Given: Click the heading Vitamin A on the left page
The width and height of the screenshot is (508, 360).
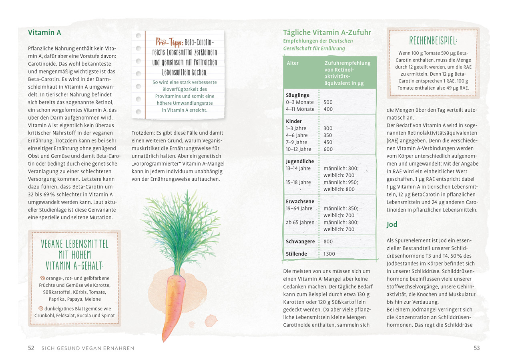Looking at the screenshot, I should click(x=44, y=32).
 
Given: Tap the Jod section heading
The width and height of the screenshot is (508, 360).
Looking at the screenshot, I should click(x=392, y=224).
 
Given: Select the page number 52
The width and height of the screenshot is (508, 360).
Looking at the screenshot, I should click(x=31, y=348).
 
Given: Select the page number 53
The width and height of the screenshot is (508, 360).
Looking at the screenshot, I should click(x=476, y=348).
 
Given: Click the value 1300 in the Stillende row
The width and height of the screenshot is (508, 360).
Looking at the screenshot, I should click(x=329, y=254).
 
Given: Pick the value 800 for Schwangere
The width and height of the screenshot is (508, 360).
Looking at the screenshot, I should click(x=328, y=242).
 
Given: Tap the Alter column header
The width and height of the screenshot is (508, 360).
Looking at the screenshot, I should click(x=293, y=63).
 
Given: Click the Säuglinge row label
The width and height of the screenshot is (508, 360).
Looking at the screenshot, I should click(x=298, y=95).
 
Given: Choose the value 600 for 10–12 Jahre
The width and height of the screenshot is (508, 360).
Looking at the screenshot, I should click(x=328, y=149).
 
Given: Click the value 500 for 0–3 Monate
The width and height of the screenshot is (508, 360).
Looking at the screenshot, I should click(x=328, y=102).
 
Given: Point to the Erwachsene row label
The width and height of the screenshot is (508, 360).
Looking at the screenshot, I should click(x=300, y=202).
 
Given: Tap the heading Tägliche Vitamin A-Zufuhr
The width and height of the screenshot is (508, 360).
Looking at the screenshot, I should click(x=327, y=32).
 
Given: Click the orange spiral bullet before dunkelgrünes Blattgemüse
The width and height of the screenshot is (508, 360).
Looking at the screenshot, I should click(x=42, y=309).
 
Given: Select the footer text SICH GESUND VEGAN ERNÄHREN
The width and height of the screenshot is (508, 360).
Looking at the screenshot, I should click(x=88, y=348).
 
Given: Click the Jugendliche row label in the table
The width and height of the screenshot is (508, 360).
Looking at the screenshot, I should click(x=300, y=162).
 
